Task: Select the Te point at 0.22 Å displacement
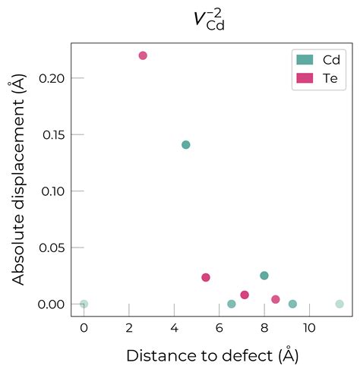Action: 143,55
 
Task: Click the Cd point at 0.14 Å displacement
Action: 186,145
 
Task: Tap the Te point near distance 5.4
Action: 206,277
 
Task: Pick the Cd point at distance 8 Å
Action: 264,276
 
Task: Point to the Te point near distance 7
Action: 245,295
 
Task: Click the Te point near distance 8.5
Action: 276,299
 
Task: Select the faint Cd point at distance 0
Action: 84,304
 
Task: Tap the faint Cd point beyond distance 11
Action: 339,304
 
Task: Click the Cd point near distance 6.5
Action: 232,304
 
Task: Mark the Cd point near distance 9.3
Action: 292,304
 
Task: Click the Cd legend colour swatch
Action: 305,59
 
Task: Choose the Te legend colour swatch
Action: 305,77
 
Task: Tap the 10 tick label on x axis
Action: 309,329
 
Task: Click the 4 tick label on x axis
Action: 174,329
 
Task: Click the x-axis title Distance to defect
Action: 212,355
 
